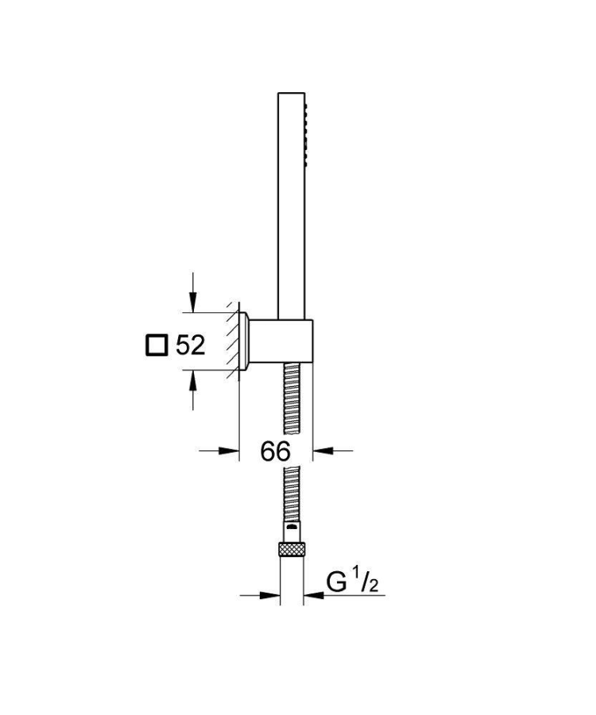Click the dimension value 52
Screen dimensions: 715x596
[190, 345]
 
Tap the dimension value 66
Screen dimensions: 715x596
[275, 451]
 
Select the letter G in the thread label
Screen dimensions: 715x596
[339, 583]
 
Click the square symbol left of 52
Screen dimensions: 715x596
[157, 346]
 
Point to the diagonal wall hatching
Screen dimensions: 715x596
[231, 338]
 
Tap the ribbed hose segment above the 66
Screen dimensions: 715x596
[292, 397]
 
